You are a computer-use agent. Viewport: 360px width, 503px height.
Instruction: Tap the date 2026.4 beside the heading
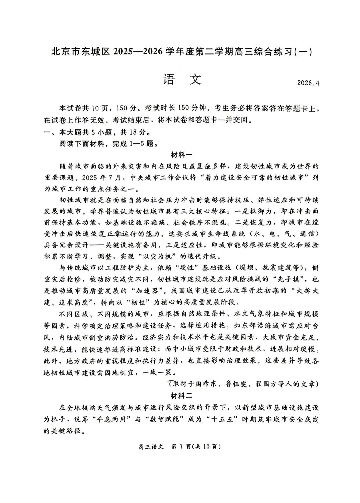coord(308,83)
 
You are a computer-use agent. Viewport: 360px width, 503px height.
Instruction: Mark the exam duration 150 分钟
coord(195,108)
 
